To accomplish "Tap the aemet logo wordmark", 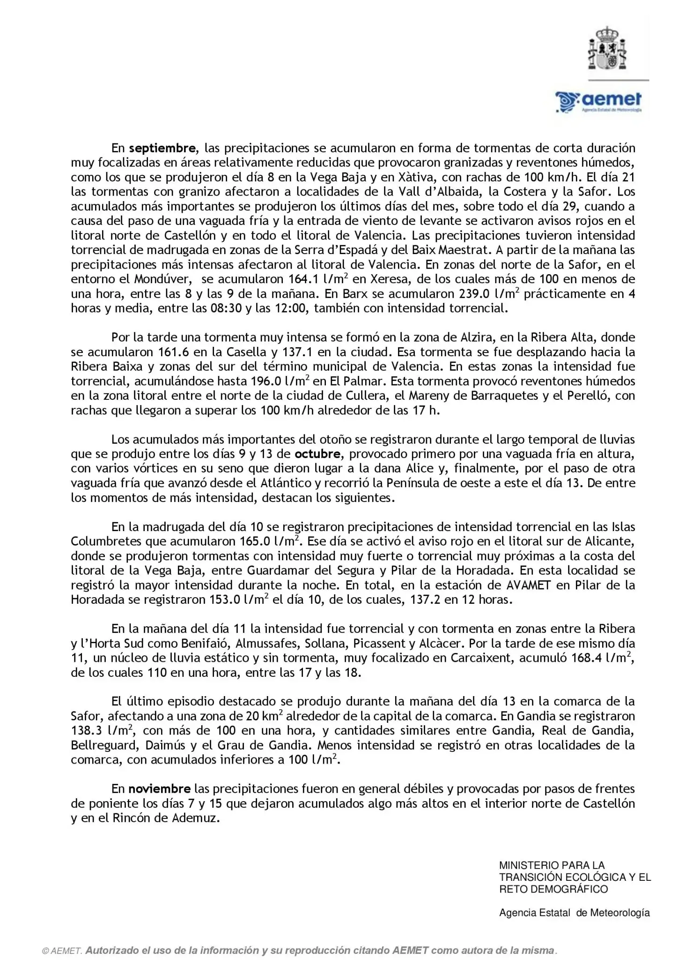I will click(x=599, y=101).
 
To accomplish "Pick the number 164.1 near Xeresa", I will click(x=302, y=279).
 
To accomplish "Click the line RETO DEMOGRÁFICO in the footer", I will click(x=553, y=889).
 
